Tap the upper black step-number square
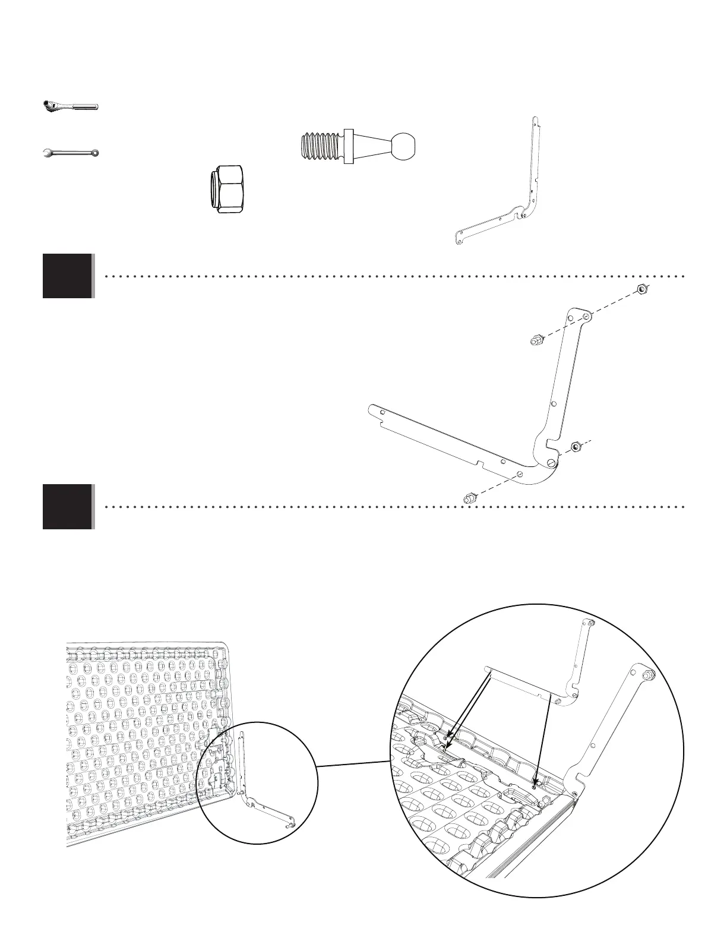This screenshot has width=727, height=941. click(68, 276)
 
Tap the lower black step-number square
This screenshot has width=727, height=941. click(68, 507)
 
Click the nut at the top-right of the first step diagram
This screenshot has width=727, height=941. click(641, 289)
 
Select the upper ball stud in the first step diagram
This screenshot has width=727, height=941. click(535, 341)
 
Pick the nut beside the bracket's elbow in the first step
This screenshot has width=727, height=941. click(575, 447)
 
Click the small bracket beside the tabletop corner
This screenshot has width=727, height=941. click(261, 790)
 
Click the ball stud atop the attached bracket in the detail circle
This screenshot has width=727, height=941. click(646, 674)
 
